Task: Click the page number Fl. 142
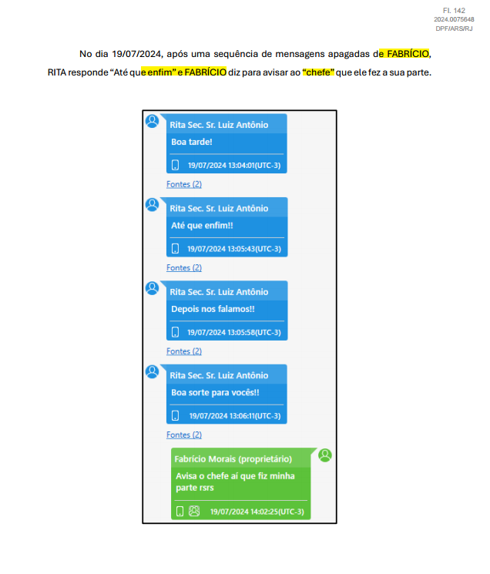[x=454, y=11]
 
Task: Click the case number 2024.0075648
[x=454, y=19]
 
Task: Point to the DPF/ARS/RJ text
[x=454, y=29]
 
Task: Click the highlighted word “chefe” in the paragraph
[x=318, y=72]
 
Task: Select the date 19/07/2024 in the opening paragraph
[x=136, y=54]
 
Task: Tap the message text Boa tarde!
[x=192, y=142]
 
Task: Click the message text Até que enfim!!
[x=202, y=226]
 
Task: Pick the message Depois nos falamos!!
[x=213, y=309]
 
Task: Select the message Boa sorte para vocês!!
[x=215, y=392]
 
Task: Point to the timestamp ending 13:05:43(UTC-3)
[x=234, y=249]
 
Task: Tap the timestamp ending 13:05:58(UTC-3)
[x=234, y=332]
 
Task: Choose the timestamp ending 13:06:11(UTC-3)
[x=235, y=416]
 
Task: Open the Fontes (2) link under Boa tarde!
[x=184, y=184]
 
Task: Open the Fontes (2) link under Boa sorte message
[x=184, y=435]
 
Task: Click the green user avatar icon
[x=325, y=455]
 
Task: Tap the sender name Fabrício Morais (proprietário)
[x=233, y=459]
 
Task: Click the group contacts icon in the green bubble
[x=194, y=511]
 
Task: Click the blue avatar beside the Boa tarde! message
[x=153, y=121]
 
